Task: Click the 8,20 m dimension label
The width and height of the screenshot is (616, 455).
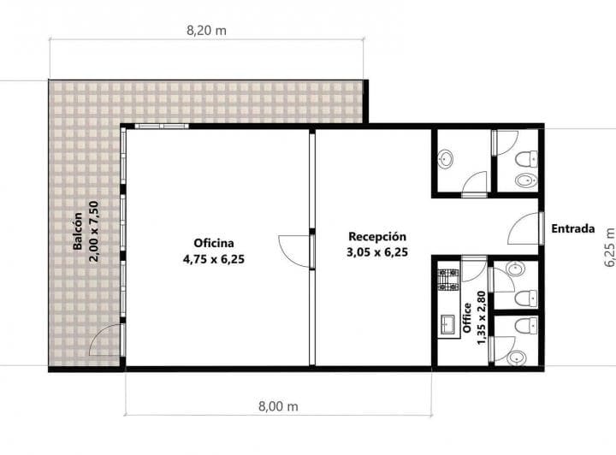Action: click(206, 31)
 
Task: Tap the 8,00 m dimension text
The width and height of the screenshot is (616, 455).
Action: click(278, 406)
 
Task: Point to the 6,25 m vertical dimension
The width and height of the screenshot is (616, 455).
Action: click(609, 247)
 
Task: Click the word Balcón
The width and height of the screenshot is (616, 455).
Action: click(78, 231)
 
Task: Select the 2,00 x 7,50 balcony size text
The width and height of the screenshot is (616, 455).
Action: click(94, 231)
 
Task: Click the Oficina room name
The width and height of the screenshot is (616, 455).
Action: click(214, 243)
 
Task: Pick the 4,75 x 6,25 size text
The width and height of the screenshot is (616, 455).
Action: click(214, 259)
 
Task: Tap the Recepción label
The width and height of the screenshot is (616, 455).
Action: click(377, 236)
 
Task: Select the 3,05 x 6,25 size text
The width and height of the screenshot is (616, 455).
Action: click(377, 252)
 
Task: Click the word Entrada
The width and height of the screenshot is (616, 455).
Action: click(572, 228)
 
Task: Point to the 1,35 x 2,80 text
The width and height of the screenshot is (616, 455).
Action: click(481, 318)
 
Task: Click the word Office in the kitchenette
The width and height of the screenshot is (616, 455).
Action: click(467, 318)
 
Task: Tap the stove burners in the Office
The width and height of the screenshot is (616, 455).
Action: click(448, 280)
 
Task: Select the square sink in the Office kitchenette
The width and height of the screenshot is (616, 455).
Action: click(447, 324)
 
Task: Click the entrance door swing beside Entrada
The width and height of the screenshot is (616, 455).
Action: click(524, 228)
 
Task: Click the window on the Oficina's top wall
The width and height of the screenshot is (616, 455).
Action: click(162, 126)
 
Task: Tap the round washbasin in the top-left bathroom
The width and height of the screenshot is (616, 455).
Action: click(446, 158)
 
